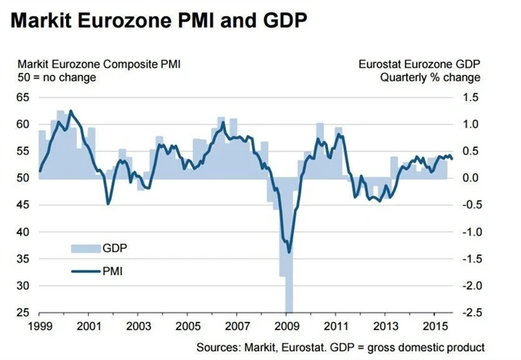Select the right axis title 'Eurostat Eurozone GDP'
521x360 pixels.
pyautogui.click(x=419, y=64)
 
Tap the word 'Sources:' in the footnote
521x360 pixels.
pyautogui.click(x=220, y=346)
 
